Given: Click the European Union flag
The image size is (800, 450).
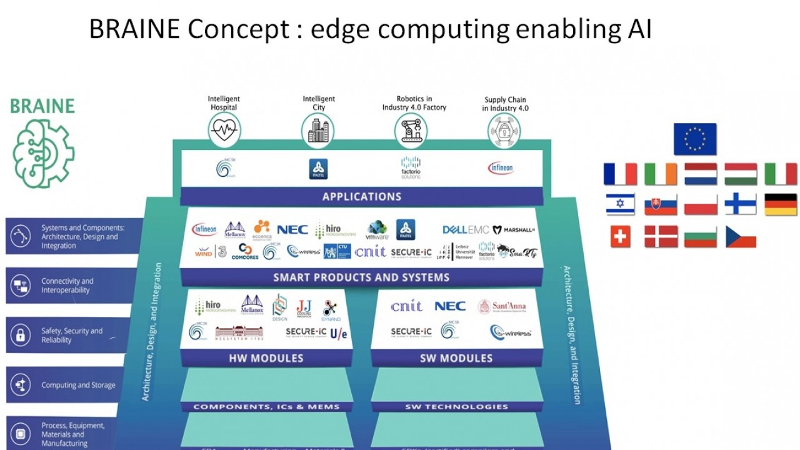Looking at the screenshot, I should [695, 139].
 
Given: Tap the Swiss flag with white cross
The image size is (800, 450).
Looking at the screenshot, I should [620, 236].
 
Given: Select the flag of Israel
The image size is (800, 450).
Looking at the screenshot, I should [620, 204].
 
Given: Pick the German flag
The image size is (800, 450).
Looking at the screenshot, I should [781, 204].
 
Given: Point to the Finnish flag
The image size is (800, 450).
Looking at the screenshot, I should [741, 204].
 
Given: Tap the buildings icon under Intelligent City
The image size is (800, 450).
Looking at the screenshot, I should [318, 131].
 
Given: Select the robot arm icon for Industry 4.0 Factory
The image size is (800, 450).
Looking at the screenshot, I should [411, 131].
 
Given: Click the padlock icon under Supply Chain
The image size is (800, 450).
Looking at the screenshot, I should [504, 131].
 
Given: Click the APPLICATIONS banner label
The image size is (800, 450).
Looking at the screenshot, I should [362, 196].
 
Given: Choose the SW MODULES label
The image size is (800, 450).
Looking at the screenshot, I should [456, 358].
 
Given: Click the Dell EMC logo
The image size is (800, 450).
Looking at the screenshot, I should [465, 230].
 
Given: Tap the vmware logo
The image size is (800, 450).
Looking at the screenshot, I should [377, 231].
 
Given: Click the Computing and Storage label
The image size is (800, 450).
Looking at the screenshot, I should [78, 385].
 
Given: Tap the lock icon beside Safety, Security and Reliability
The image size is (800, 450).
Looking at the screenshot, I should [21, 335].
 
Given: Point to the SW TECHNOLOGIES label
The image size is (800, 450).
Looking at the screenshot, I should [456, 407].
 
